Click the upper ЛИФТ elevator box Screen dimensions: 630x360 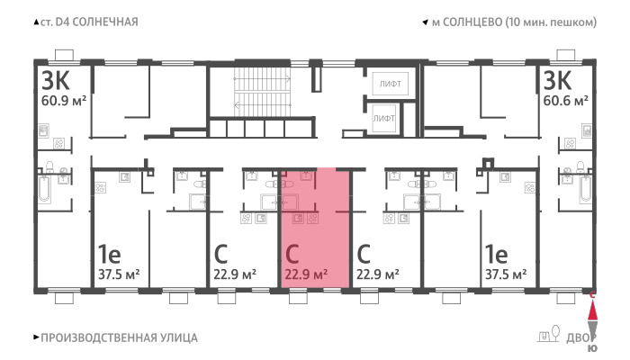click(x=390, y=84)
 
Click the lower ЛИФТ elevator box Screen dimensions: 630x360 click(x=384, y=118)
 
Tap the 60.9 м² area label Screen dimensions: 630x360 click(x=64, y=100)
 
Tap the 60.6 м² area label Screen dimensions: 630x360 click(x=566, y=100)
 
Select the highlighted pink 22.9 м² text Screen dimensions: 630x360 click(x=306, y=274)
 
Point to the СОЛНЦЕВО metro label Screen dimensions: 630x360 click(x=472, y=22)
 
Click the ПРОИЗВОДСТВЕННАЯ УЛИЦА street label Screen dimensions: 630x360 click(x=120, y=337)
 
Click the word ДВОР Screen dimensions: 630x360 click(x=581, y=337)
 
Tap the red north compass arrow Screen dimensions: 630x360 click(x=592, y=310)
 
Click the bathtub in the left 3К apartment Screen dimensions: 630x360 click(x=45, y=189)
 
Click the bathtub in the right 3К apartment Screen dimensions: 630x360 click(x=585, y=189)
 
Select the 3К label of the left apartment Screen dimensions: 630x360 click(x=56, y=81)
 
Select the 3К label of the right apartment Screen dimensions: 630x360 click(x=557, y=81)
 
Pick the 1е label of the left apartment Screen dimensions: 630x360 click(x=109, y=254)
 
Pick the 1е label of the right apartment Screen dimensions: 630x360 click(x=496, y=254)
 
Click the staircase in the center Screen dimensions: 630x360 click(x=262, y=92)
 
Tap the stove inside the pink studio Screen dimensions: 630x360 click(x=312, y=218)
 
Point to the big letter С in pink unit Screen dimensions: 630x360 click(x=292, y=254)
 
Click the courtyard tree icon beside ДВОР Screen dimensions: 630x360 click(x=555, y=333)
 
